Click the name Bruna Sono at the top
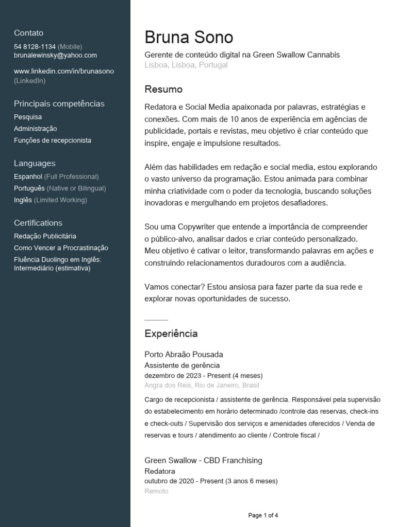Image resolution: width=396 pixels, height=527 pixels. pyautogui.click(x=189, y=37)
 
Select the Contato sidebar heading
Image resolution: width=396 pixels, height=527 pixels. pyautogui.click(x=28, y=33)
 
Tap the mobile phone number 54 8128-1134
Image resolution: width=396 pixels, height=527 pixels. pyautogui.click(x=35, y=46)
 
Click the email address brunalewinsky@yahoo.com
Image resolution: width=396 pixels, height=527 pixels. pyautogui.click(x=55, y=55)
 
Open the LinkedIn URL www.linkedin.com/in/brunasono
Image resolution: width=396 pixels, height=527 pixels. pyautogui.click(x=64, y=71)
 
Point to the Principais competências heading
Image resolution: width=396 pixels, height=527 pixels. pyautogui.click(x=59, y=103)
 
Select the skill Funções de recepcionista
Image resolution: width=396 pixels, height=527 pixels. pyautogui.click(x=53, y=140)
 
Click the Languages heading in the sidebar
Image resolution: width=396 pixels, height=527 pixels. pyautogui.click(x=35, y=163)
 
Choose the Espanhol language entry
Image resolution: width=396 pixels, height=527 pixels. pyautogui.click(x=28, y=177)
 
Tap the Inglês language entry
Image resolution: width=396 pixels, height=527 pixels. pyautogui.click(x=23, y=200)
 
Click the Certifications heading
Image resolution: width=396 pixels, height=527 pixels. pyautogui.click(x=38, y=223)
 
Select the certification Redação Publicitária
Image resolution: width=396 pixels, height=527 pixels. pyautogui.click(x=45, y=236)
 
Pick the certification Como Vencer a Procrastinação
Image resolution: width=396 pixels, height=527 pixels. pyautogui.click(x=61, y=248)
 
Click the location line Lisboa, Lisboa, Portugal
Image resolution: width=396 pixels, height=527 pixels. pyautogui.click(x=186, y=65)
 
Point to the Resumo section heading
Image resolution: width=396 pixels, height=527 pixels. pyautogui.click(x=163, y=90)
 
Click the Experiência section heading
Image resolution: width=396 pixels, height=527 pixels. pyautogui.click(x=171, y=333)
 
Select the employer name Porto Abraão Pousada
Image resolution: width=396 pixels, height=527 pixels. pyautogui.click(x=184, y=355)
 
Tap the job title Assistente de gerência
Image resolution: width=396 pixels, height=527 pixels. pyautogui.click(x=182, y=365)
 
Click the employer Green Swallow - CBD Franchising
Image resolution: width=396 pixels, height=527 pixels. pyautogui.click(x=203, y=460)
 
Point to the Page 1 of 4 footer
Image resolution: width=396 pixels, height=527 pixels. pyautogui.click(x=263, y=515)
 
